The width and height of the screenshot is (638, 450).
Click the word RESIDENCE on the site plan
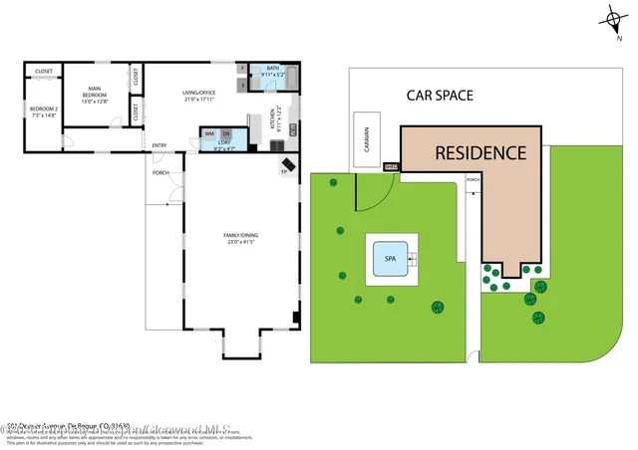click(x=479, y=152)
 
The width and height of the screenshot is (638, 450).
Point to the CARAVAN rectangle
click(x=366, y=144)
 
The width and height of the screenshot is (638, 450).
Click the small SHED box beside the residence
click(x=391, y=167)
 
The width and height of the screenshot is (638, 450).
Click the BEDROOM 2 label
click(x=43, y=112)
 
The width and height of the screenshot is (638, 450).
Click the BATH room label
click(x=272, y=72)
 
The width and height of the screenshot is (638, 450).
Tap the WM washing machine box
click(x=210, y=133)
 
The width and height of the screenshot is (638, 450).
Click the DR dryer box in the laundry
click(x=226, y=133)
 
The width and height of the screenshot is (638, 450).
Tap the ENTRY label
click(x=159, y=146)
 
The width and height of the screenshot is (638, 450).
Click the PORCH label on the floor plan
click(x=159, y=173)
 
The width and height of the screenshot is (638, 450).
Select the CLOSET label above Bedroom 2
click(x=44, y=72)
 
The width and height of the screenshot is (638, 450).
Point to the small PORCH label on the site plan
click(x=473, y=180)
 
